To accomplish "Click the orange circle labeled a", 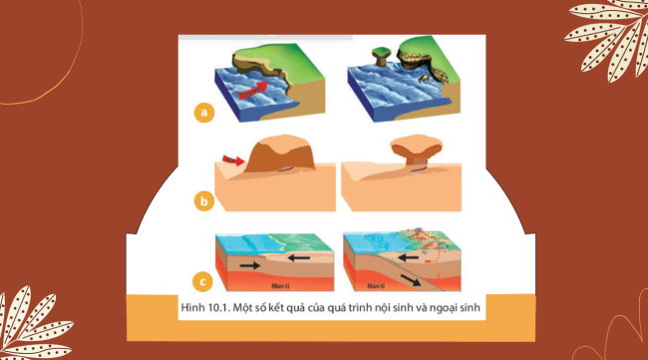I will click(203, 113).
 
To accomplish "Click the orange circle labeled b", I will click(203, 201).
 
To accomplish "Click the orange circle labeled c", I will click(204, 282).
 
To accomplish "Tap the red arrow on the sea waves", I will click(258, 91).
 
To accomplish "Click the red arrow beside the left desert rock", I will click(231, 158).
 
